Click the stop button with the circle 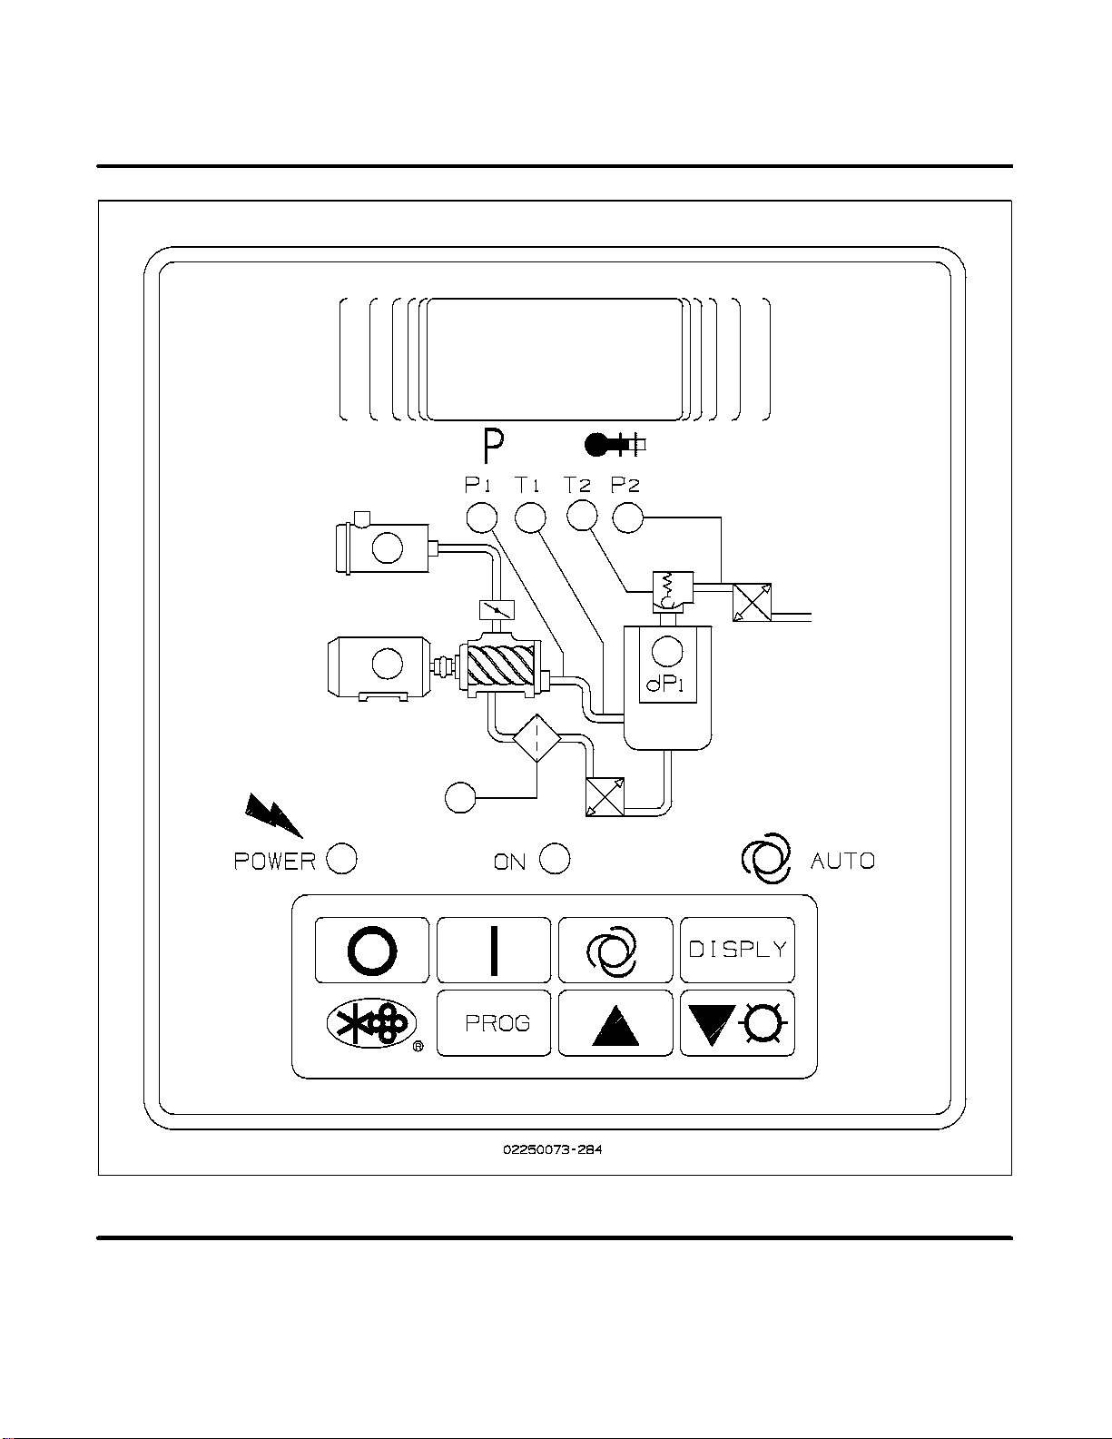click(372, 951)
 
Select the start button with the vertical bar click(494, 951)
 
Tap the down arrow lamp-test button click(737, 1023)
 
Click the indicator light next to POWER click(341, 859)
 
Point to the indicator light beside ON click(555, 859)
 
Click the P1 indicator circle click(482, 517)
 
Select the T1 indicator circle click(530, 517)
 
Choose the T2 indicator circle click(582, 515)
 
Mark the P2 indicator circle click(628, 517)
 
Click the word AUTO click(842, 861)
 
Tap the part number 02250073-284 click(553, 1149)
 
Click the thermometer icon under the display click(614, 444)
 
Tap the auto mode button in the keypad click(615, 951)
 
